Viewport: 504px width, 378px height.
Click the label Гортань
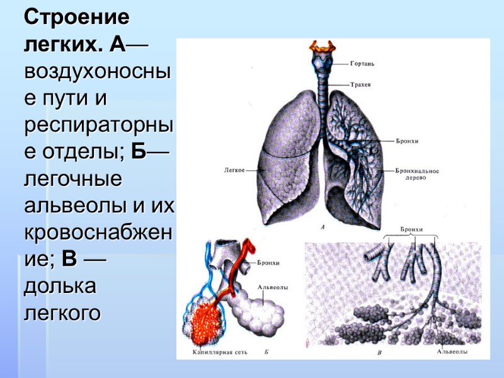(x=363, y=64)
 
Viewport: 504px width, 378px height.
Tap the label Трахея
(x=362, y=84)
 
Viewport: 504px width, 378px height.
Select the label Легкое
(x=234, y=169)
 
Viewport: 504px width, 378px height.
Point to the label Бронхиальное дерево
(x=416, y=174)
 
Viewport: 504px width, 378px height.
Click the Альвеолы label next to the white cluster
(x=273, y=287)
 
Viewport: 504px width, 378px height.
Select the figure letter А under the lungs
(x=323, y=227)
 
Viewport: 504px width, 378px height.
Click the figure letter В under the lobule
(x=379, y=353)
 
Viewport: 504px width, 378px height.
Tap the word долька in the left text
(x=60, y=286)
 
